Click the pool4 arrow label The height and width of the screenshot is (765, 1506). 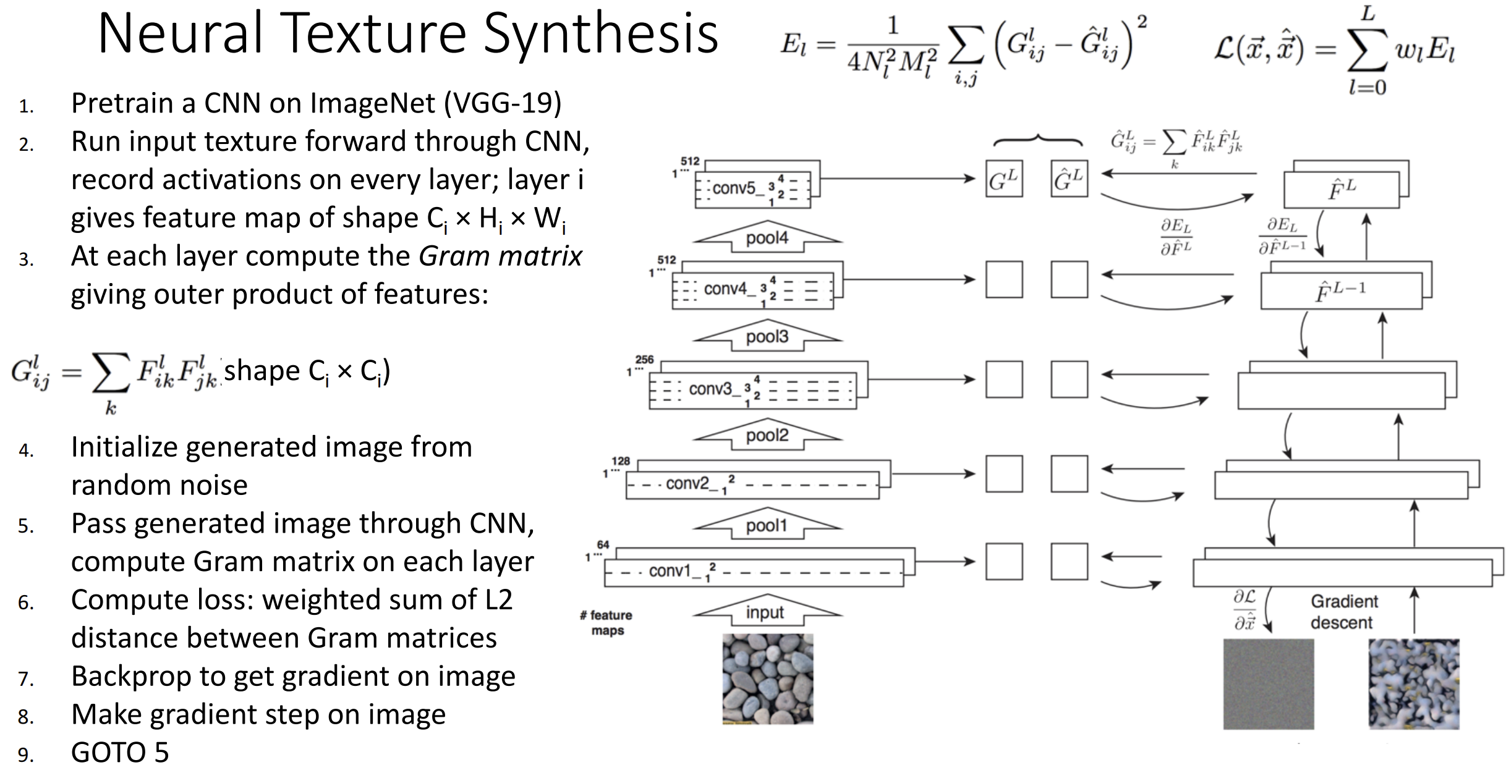767,238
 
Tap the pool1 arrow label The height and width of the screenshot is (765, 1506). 767,526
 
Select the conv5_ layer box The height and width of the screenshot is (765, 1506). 752,189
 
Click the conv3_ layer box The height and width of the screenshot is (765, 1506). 752,390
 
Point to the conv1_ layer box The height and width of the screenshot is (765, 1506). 754,572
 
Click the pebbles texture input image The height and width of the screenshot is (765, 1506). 768,678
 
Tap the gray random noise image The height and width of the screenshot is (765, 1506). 1269,684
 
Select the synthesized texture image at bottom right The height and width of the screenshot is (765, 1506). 1414,684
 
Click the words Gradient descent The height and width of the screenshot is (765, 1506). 1344,612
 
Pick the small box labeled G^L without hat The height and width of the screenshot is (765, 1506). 1004,179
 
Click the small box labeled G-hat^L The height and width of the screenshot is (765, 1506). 1069,179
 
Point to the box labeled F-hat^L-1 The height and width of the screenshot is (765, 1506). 1342,290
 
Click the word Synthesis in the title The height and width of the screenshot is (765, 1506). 600,33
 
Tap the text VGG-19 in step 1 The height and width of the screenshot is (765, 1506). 503,103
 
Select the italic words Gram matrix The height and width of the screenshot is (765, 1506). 501,256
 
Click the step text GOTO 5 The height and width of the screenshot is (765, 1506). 120,752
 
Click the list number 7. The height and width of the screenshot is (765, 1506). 26,679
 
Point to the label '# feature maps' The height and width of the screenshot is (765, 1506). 606,623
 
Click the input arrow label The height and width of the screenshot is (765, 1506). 765,612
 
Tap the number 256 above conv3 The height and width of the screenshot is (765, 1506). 644,360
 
